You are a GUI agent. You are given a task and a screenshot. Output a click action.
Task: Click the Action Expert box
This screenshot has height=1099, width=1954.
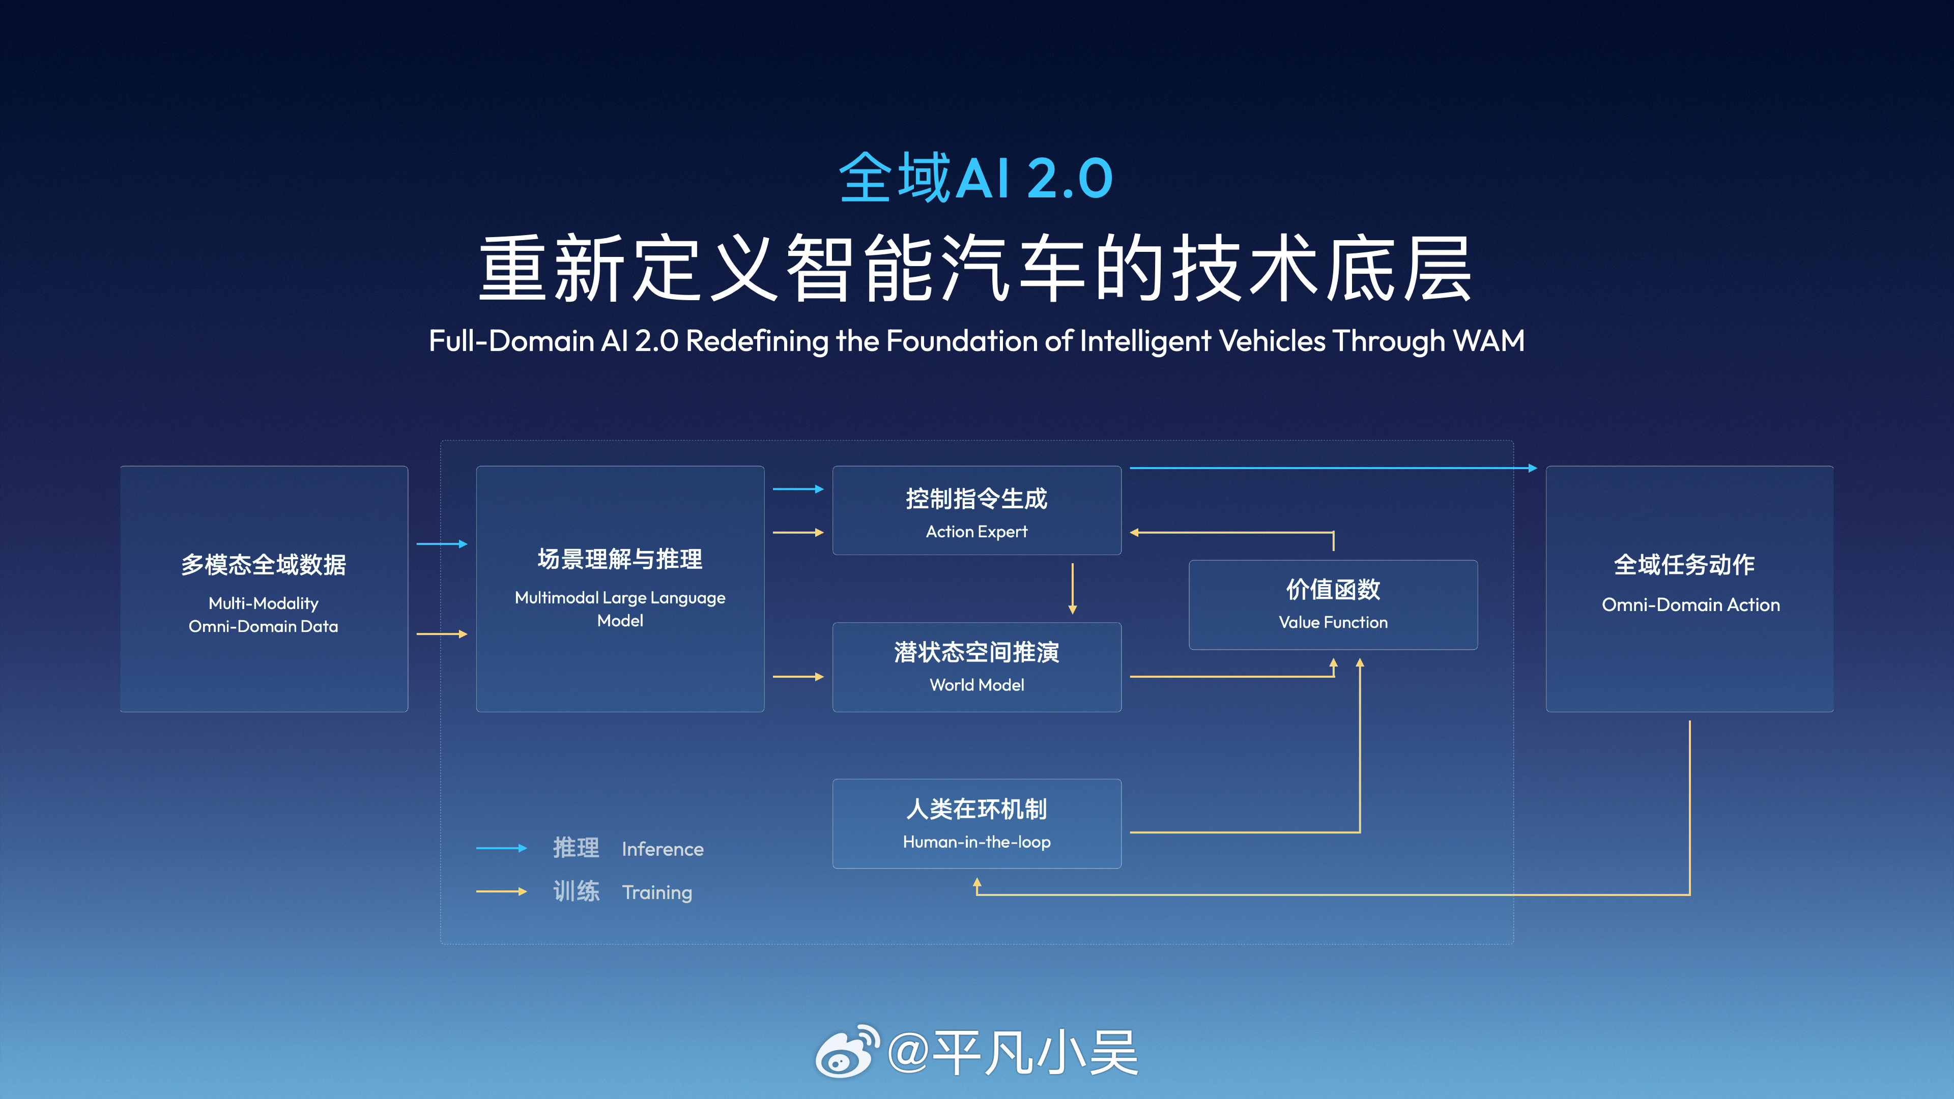click(x=976, y=510)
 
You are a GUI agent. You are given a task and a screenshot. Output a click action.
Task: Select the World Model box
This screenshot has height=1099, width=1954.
click(x=976, y=668)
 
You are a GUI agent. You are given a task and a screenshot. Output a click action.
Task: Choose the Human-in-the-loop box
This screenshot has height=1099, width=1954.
click(x=976, y=824)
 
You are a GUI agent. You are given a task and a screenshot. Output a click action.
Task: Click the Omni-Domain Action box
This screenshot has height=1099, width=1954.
click(x=1689, y=589)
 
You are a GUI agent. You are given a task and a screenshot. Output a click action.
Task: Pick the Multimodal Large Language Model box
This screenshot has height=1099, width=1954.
click(x=620, y=589)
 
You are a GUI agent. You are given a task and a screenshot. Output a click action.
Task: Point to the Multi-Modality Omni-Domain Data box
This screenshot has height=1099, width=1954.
click(x=264, y=589)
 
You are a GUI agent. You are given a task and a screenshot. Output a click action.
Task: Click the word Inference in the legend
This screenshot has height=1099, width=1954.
click(x=662, y=849)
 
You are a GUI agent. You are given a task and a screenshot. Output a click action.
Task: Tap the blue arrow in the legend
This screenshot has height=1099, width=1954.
click(x=501, y=848)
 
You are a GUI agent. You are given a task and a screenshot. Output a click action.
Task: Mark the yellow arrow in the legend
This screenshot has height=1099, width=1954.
click(x=501, y=891)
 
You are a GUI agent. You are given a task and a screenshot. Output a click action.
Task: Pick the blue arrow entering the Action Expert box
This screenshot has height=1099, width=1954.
click(x=798, y=489)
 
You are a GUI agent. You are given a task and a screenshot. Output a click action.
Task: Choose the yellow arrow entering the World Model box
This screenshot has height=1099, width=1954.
click(x=798, y=677)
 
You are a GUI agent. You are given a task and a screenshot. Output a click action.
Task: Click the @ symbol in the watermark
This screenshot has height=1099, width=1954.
click(x=907, y=1053)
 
